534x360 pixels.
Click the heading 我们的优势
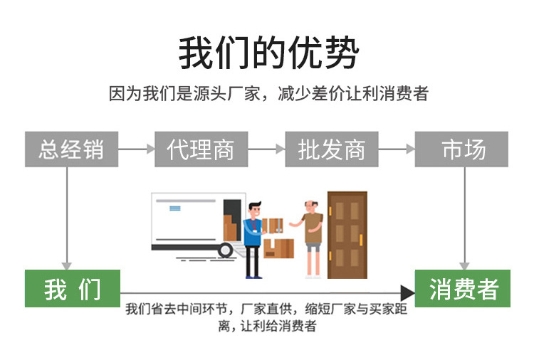click(x=268, y=53)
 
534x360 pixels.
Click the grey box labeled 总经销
click(x=71, y=149)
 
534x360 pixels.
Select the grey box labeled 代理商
click(x=201, y=149)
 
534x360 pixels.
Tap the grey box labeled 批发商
click(x=332, y=149)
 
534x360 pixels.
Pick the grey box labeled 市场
click(x=463, y=149)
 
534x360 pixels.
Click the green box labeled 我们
click(x=72, y=289)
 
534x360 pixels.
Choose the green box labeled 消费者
click(x=463, y=289)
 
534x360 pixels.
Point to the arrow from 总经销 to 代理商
click(x=136, y=149)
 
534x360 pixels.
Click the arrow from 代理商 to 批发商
click(x=266, y=149)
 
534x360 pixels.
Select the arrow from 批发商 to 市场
click(x=397, y=149)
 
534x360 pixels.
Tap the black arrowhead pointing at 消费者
click(x=407, y=292)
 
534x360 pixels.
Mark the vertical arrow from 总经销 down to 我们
click(x=68, y=217)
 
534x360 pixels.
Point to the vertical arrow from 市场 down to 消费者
click(x=464, y=217)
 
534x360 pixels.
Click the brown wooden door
click(x=347, y=235)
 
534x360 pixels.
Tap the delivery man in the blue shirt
click(x=253, y=238)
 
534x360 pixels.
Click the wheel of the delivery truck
click(x=226, y=250)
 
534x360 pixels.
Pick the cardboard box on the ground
click(x=280, y=248)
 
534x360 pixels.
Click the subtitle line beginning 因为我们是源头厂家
click(x=268, y=93)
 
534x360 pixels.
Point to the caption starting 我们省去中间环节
click(x=268, y=317)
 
